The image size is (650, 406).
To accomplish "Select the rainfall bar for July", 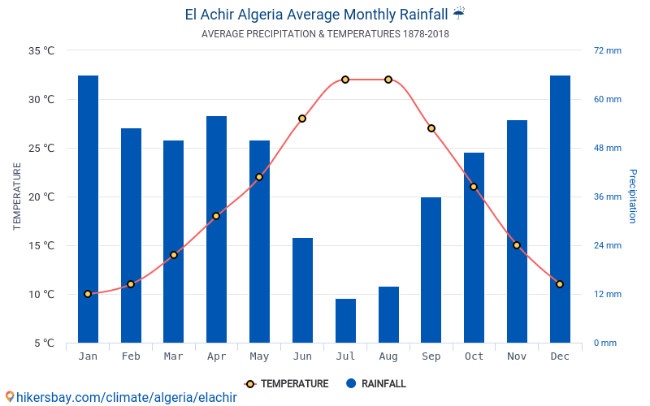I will [345, 321].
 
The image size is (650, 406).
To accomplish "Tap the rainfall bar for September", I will [431, 270].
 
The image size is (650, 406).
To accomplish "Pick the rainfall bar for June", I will [302, 290].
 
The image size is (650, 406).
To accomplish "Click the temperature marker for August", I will [388, 80].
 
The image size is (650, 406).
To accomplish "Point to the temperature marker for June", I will [302, 119].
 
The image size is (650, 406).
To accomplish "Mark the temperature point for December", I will [560, 284].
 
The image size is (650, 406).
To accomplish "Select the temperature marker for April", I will [216, 216].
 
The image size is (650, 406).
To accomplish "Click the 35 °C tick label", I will [41, 50].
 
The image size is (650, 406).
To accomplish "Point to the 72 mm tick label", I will [607, 50].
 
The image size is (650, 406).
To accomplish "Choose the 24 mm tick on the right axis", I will [607, 245].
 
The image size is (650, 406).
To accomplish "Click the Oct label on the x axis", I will [474, 356].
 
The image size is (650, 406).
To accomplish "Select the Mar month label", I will [173, 356].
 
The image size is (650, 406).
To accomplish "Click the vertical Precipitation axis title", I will [633, 197].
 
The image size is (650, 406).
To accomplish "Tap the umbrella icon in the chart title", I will [459, 14].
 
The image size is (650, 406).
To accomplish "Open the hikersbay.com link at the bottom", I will [126, 397].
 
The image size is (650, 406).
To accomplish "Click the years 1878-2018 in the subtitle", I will [426, 34].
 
